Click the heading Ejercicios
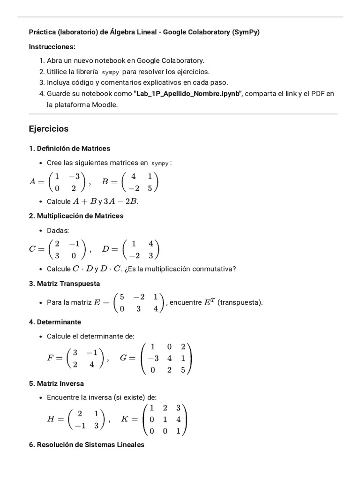(x=49, y=128)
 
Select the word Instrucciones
(x=52, y=47)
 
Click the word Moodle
(x=105, y=105)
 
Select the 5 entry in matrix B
(x=150, y=188)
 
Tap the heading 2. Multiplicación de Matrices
(x=76, y=216)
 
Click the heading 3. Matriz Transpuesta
(x=64, y=284)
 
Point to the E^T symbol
(x=209, y=302)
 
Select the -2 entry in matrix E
(x=139, y=296)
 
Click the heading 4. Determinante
(x=55, y=322)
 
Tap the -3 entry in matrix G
(x=153, y=358)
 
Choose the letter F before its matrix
(x=51, y=358)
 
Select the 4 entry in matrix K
(x=178, y=419)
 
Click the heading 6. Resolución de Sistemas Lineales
(x=87, y=444)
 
